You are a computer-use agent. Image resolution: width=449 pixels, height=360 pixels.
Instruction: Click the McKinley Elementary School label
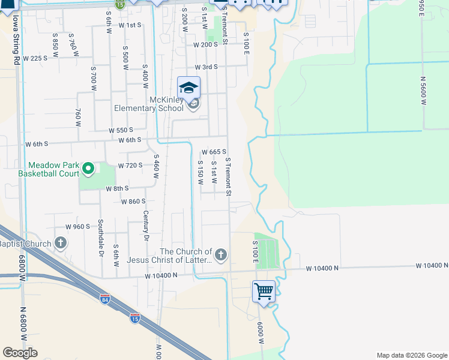click(149, 104)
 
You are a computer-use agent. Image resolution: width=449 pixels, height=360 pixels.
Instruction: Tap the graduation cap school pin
click(188, 88)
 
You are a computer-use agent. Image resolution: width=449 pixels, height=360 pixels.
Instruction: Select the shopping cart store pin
click(264, 292)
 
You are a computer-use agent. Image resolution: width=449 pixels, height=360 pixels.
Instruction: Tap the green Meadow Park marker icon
click(88, 169)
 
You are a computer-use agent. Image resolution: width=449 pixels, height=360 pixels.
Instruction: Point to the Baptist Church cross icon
click(60, 243)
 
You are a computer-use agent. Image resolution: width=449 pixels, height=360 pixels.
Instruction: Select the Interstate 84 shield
click(104, 299)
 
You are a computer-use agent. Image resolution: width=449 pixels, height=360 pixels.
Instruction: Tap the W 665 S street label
click(214, 152)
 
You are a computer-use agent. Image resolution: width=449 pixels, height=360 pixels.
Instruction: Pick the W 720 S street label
click(130, 166)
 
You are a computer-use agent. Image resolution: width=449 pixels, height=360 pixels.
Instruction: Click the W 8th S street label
click(118, 188)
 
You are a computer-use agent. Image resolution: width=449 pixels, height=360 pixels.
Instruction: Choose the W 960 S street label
click(77, 227)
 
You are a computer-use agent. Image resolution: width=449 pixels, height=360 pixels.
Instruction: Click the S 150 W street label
click(201, 172)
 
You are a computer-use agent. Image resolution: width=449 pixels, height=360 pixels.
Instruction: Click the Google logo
click(20, 353)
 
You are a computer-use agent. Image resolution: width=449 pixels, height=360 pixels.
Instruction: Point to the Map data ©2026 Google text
click(412, 355)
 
